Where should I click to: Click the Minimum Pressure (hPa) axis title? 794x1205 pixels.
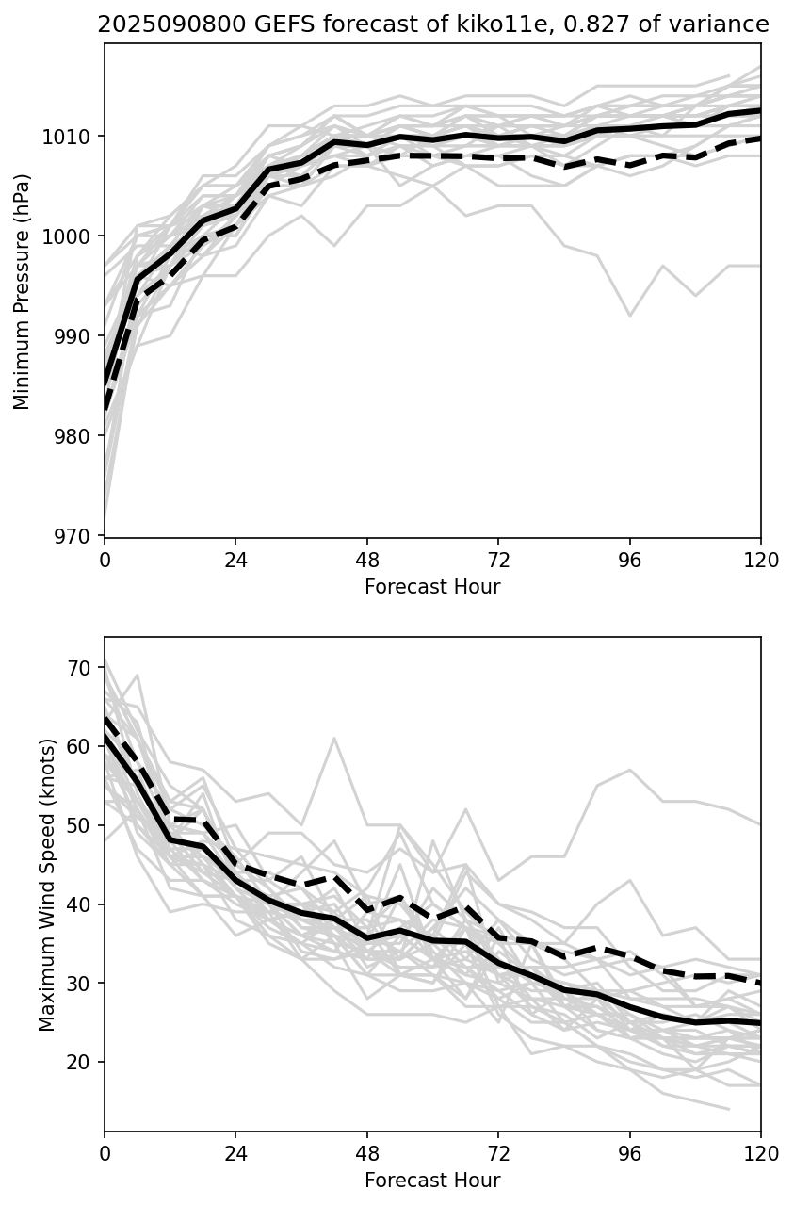[23, 291]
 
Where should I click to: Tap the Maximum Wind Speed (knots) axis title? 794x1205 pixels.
[48, 884]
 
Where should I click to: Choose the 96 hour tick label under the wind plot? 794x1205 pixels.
[629, 1154]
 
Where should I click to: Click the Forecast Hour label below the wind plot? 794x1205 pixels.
[432, 1181]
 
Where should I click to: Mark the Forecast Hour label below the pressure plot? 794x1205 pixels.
[432, 587]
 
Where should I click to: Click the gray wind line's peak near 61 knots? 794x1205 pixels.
[334, 739]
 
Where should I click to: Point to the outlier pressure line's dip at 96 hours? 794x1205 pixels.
[629, 315]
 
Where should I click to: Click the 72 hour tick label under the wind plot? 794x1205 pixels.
[498, 1154]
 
